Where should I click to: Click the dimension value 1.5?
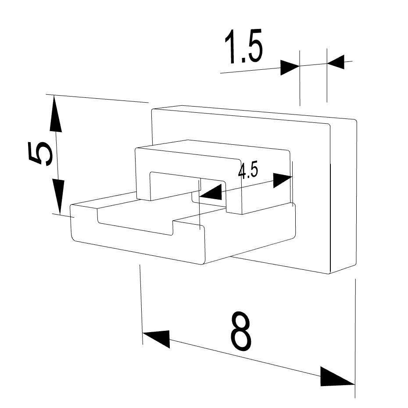(244, 47)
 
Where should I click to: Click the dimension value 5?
(41, 154)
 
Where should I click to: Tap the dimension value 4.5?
(248, 170)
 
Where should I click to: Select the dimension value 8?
(241, 330)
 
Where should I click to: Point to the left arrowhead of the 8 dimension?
(156, 338)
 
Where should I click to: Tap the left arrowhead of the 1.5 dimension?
(290, 68)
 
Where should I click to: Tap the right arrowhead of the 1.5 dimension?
(336, 62)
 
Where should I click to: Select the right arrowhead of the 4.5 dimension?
(283, 180)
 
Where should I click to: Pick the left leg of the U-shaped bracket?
(143, 177)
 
